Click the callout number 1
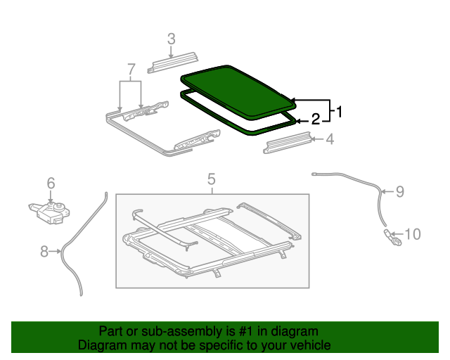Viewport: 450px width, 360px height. tap(339, 111)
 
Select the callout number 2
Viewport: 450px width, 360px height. tap(316, 119)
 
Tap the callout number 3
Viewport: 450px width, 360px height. tap(171, 39)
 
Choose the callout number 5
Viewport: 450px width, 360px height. tap(211, 179)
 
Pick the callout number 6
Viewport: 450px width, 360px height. tap(51, 184)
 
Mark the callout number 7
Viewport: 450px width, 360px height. tap(130, 69)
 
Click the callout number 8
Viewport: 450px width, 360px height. tap(45, 251)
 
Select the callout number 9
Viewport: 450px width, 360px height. tap(399, 191)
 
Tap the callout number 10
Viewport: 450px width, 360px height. tap(413, 233)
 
